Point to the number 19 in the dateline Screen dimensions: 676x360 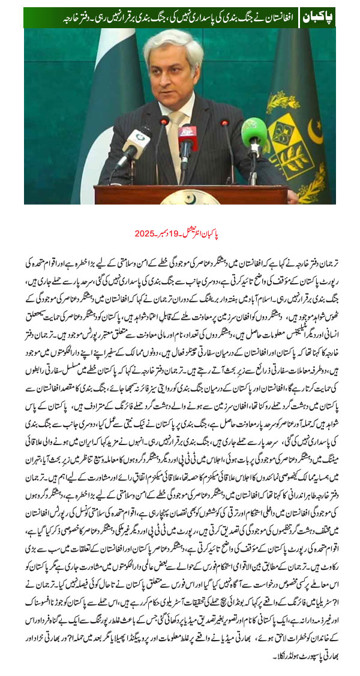(x=191, y=232)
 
